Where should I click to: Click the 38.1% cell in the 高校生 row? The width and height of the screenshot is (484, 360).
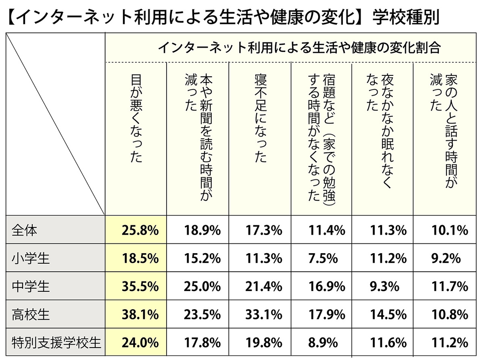140,314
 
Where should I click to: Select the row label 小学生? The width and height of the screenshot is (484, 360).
31,258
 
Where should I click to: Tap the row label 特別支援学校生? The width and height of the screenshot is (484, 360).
56,343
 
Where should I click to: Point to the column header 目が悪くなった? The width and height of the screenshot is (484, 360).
137,117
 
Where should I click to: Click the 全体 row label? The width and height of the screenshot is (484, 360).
25,230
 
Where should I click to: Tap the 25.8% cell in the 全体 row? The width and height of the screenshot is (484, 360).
140,230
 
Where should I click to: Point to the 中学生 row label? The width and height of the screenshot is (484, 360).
31,287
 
